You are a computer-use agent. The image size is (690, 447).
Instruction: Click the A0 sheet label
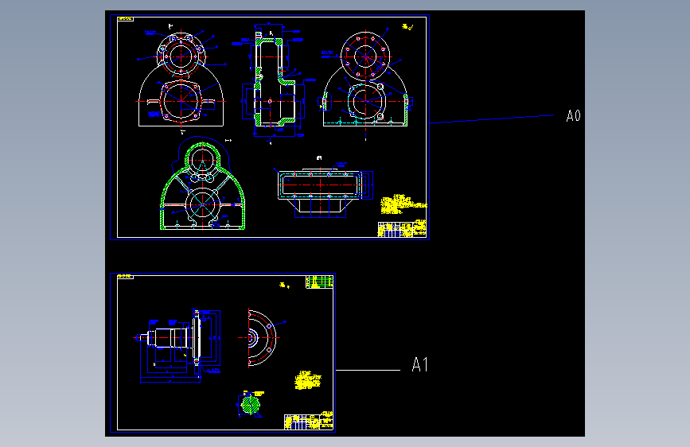(573, 116)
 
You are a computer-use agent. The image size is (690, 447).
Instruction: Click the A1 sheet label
(419, 365)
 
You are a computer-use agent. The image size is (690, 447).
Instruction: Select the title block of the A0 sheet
(401, 229)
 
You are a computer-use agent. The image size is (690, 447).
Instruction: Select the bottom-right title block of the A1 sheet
(308, 422)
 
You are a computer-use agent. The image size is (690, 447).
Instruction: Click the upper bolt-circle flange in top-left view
(181, 55)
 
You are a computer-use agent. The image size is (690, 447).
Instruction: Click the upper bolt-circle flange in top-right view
(365, 55)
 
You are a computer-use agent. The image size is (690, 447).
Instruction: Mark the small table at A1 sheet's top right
(319, 282)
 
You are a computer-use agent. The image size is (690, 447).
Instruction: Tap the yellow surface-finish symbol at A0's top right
(407, 28)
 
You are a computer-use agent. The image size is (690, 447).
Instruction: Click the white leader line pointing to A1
(368, 370)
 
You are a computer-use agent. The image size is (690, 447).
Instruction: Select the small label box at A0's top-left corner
(125, 18)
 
